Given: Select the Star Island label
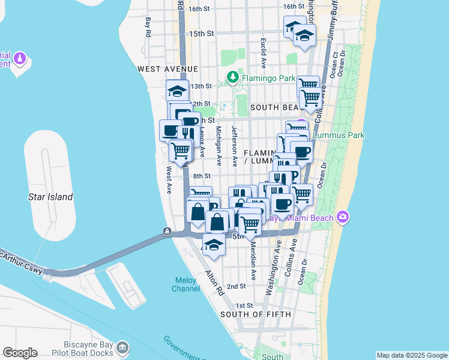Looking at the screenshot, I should (50, 197).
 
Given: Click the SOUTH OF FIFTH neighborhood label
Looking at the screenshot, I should (255, 314).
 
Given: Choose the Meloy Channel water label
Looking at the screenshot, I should (187, 284).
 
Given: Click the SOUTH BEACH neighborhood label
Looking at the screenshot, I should (274, 107).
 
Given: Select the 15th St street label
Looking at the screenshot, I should (202, 34).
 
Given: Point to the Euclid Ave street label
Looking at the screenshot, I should (264, 52).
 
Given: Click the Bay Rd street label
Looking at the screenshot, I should (147, 27).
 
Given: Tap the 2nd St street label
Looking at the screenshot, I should (236, 287).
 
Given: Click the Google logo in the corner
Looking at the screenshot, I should (20, 353).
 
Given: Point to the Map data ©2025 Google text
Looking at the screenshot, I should (411, 355).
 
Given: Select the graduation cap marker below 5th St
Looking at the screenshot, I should (213, 244).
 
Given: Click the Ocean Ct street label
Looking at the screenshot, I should (334, 68).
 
